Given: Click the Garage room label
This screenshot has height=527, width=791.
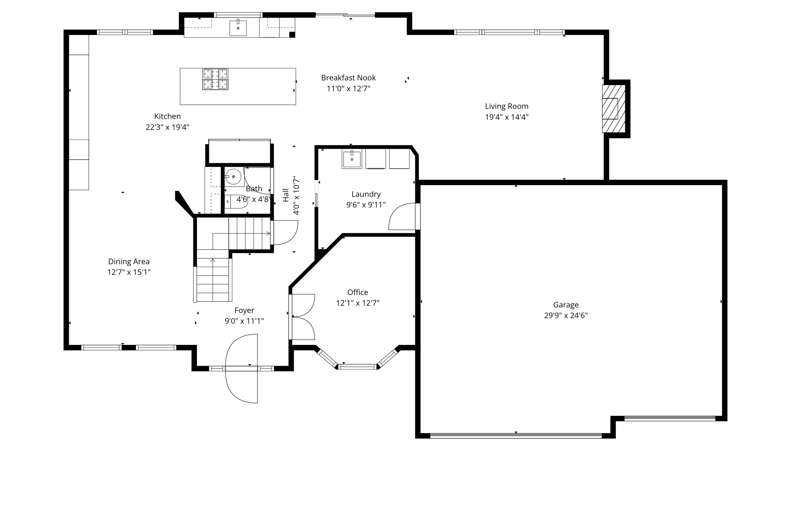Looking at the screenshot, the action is click(566, 305).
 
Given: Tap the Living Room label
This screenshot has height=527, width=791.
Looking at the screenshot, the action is click(507, 106).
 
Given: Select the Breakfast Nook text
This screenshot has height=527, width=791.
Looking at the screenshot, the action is click(348, 78).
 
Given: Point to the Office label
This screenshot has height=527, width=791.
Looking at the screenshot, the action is click(358, 292).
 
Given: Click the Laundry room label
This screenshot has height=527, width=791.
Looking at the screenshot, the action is click(366, 194).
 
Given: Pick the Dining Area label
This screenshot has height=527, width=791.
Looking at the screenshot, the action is click(129, 262).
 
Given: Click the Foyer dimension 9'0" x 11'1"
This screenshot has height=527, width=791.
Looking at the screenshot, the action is click(244, 321).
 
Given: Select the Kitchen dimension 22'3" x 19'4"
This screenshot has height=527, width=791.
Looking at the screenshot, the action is click(167, 127).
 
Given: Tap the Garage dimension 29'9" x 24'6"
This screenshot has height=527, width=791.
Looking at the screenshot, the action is click(566, 315).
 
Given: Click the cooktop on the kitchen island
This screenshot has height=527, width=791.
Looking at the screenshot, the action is click(215, 79).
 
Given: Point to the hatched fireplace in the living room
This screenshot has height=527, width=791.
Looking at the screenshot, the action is click(613, 109).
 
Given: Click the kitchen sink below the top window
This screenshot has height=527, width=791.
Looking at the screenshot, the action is click(238, 28).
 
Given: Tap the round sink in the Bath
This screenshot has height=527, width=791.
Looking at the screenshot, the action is click(233, 177).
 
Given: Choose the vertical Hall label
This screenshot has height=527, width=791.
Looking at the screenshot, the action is click(286, 195).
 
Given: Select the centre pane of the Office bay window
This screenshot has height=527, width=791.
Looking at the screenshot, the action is click(357, 367).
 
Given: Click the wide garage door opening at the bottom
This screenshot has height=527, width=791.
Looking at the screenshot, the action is click(516, 436).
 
